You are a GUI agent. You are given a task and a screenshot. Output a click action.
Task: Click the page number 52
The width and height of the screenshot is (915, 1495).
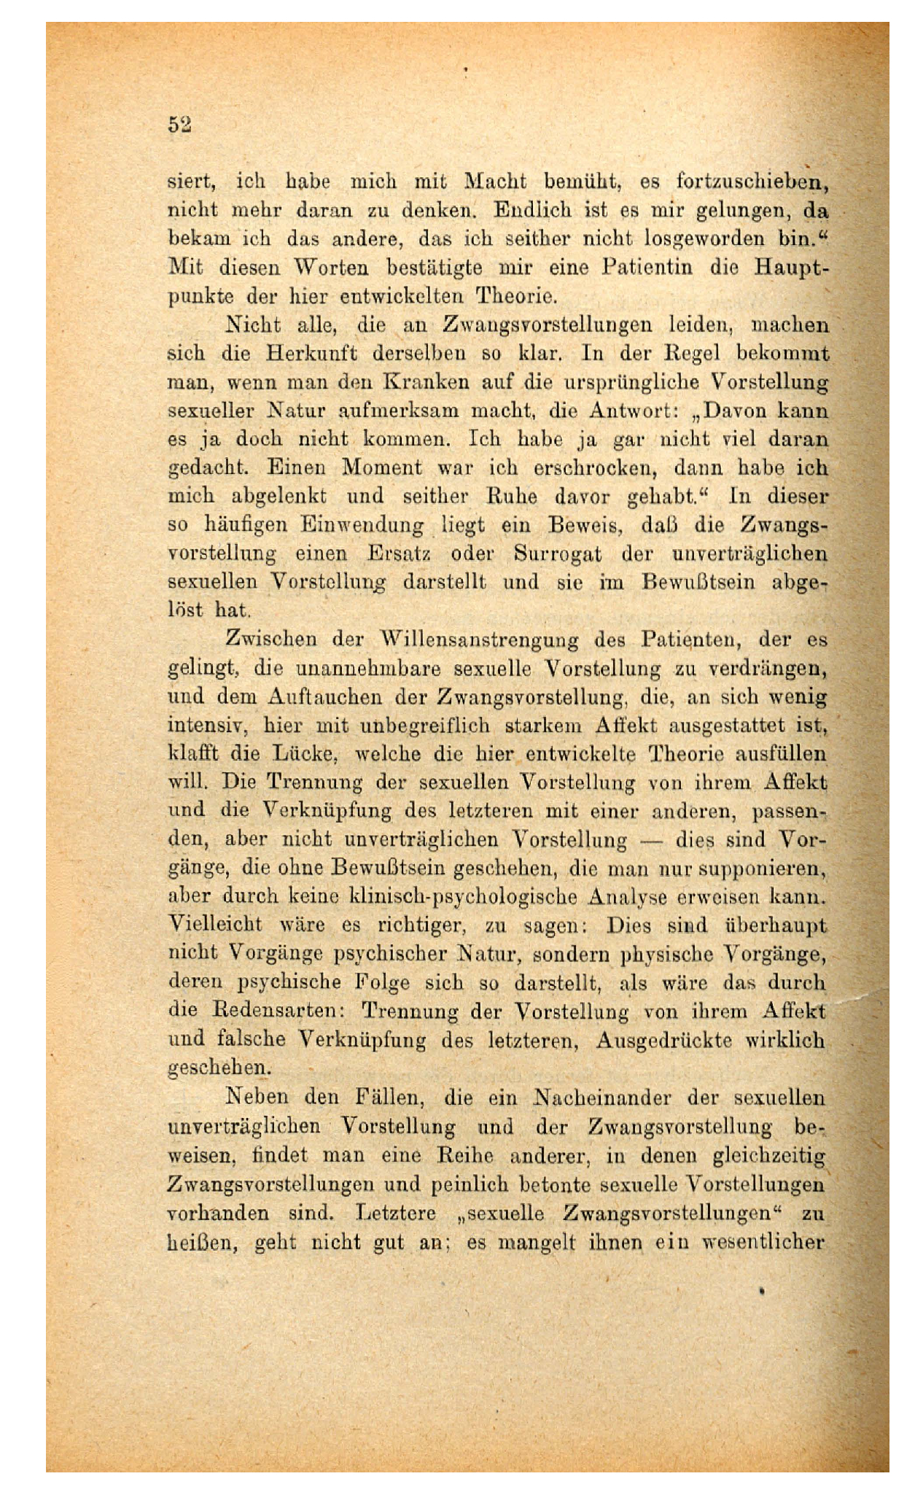click(179, 125)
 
